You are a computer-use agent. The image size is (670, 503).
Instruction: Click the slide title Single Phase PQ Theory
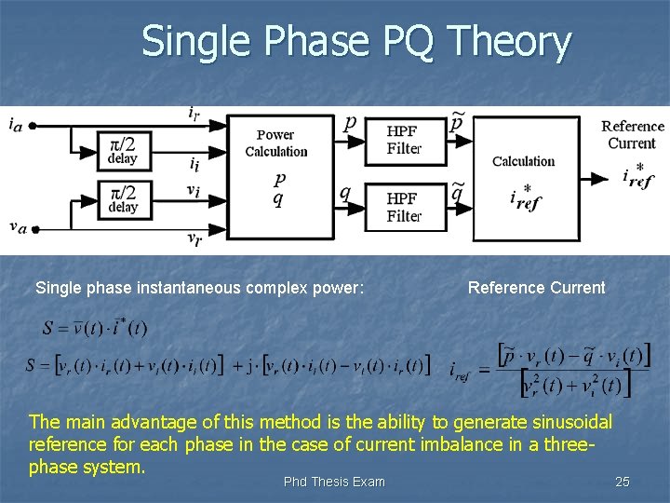click(x=356, y=43)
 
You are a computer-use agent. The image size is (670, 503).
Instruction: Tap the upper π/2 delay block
click(x=123, y=149)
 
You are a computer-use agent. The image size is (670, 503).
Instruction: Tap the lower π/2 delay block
click(x=123, y=197)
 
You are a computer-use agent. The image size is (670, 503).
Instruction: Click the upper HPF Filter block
click(x=403, y=141)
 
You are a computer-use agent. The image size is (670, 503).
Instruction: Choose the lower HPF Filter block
click(x=403, y=207)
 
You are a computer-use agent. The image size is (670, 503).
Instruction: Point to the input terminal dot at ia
click(x=32, y=125)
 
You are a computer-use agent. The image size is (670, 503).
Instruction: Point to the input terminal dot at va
click(x=34, y=228)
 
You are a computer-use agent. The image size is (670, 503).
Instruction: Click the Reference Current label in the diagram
click(x=632, y=134)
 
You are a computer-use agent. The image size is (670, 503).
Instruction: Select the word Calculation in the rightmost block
click(x=523, y=161)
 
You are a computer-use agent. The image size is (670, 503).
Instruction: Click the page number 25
click(x=623, y=482)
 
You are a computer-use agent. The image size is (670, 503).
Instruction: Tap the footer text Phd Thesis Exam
click(x=334, y=482)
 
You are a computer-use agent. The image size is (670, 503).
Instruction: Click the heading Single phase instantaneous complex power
click(x=199, y=288)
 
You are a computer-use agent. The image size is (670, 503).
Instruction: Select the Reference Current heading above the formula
click(x=536, y=288)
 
